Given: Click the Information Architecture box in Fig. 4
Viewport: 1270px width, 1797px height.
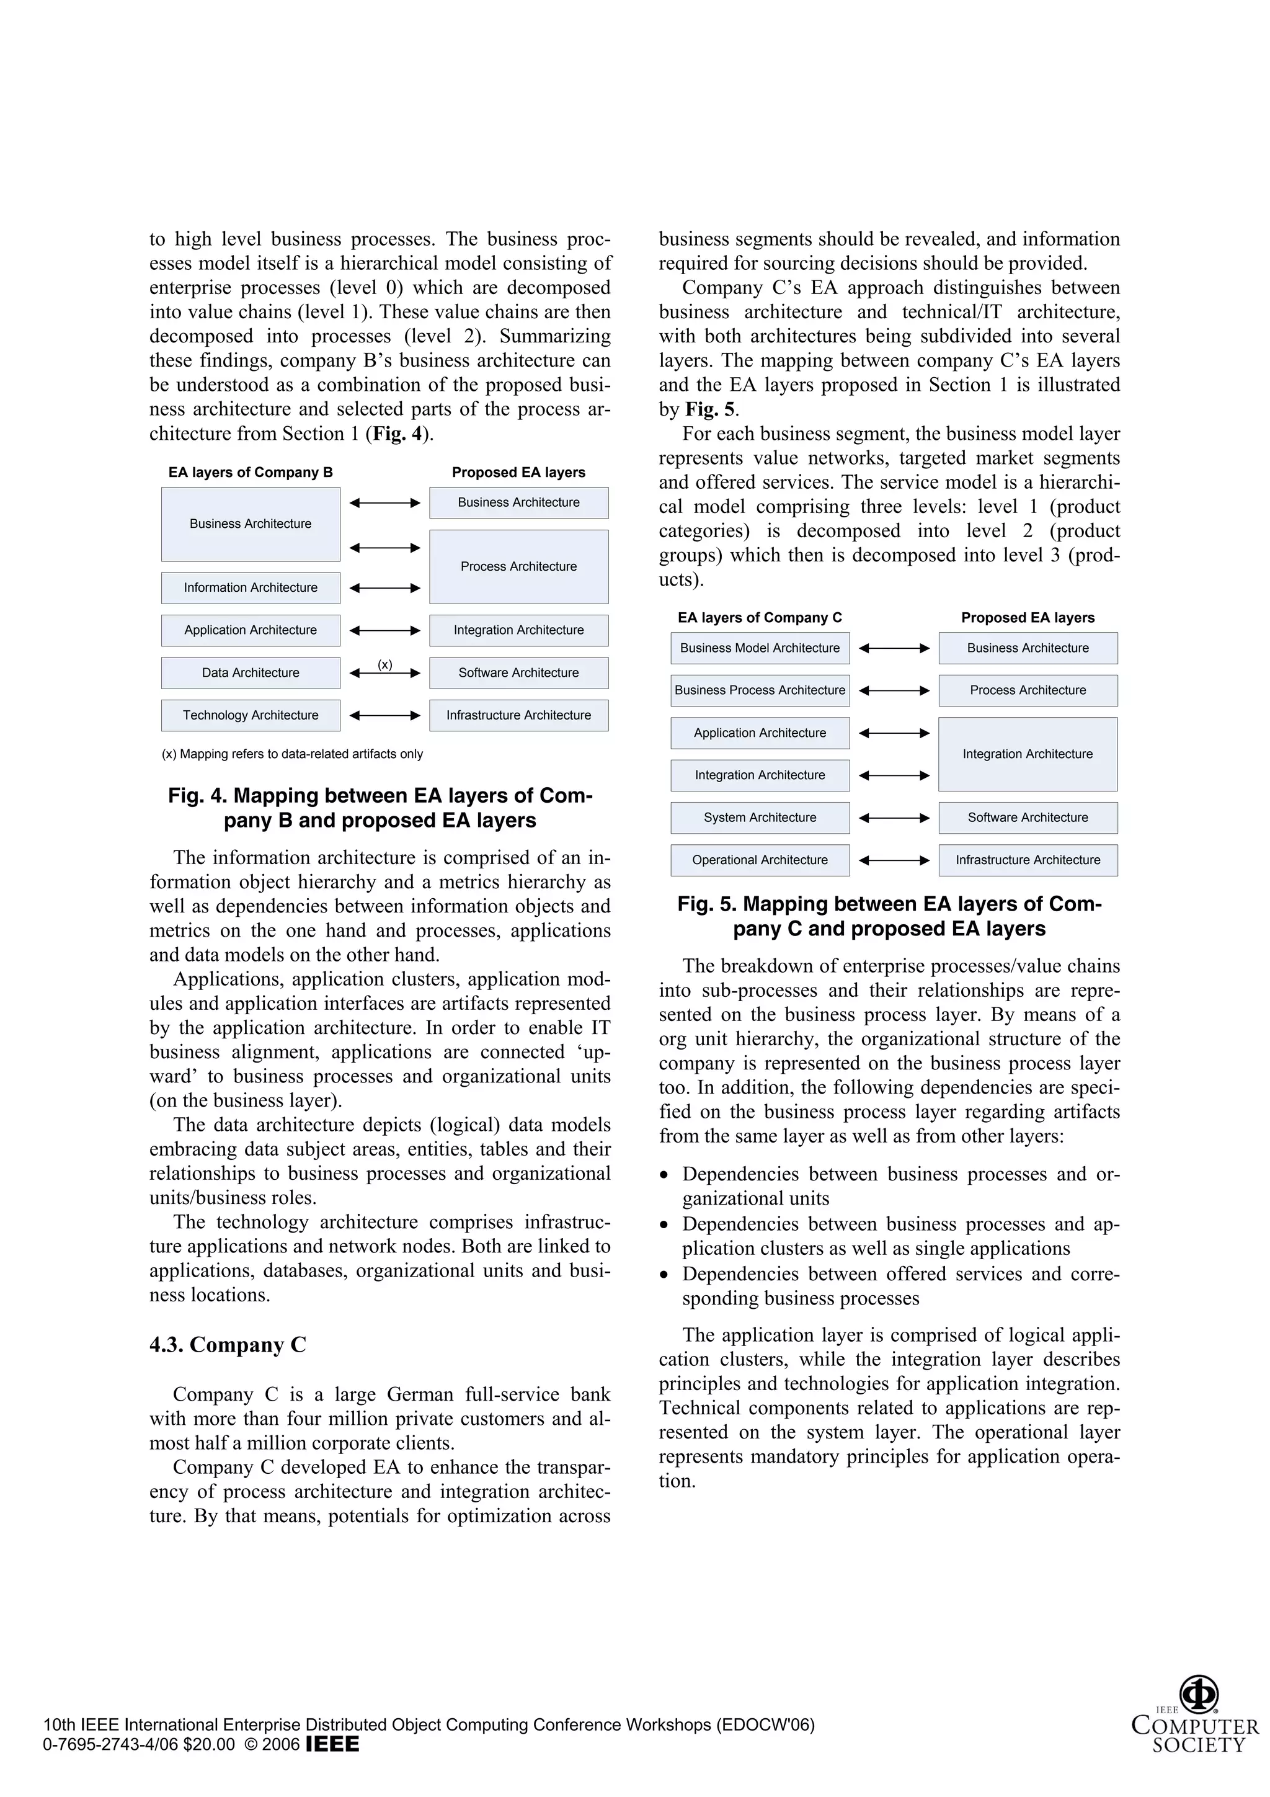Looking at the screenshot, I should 251,588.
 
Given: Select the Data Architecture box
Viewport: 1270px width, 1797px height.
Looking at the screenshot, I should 251,673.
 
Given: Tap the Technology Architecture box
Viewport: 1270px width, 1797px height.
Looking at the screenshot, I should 251,715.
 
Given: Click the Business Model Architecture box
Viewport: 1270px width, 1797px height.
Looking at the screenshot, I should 760,648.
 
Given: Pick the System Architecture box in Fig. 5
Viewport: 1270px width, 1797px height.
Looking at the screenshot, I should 760,818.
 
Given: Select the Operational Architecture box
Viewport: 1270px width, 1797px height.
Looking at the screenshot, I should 760,860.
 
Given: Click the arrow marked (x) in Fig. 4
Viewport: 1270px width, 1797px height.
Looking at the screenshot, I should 385,673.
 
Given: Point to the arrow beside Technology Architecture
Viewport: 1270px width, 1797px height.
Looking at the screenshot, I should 385,715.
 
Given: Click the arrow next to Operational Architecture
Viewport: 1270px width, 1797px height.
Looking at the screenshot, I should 894,860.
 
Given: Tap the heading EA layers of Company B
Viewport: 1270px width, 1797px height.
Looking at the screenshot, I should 251,473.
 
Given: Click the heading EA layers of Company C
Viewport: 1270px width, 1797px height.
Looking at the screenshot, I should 760,618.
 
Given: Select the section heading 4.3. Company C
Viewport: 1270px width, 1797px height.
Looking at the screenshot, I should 228,1345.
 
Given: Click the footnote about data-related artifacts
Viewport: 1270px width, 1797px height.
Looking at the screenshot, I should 292,754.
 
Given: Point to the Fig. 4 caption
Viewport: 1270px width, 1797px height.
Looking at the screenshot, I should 380,808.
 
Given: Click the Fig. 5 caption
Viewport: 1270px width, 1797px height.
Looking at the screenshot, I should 890,917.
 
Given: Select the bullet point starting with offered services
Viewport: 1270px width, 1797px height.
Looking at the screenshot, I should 900,1286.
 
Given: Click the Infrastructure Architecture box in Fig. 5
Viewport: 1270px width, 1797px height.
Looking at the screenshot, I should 1028,860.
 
